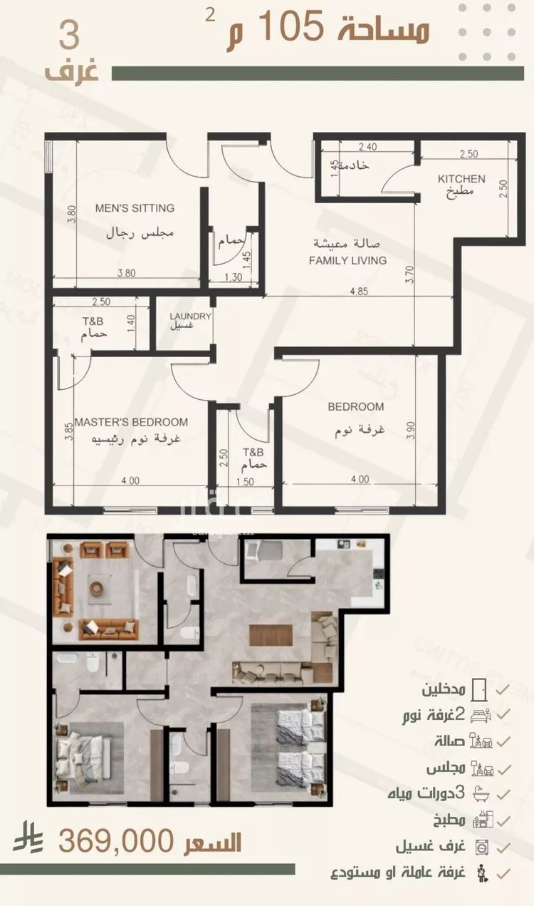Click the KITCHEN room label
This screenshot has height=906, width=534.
tap(461, 179)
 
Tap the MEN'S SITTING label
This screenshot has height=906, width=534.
tap(135, 208)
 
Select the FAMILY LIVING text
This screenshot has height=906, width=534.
tap(347, 260)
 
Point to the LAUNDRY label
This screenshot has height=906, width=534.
tap(190, 316)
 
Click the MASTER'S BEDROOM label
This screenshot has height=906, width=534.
tap(131, 422)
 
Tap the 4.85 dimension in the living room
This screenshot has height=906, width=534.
tap(359, 292)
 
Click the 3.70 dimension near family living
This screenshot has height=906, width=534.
tap(409, 274)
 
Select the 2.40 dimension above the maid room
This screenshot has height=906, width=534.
tap(367, 147)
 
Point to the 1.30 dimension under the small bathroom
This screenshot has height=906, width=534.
tap(233, 277)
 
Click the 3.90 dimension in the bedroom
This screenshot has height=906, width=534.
tap(410, 431)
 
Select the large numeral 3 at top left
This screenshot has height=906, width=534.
tap(70, 36)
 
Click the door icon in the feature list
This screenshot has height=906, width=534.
tap(479, 689)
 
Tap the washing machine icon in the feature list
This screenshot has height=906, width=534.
tap(482, 848)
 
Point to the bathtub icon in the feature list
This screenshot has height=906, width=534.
tap(480, 795)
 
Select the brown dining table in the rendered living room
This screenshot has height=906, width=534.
tap(271, 635)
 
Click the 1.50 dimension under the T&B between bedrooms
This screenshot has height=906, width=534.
tap(245, 482)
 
